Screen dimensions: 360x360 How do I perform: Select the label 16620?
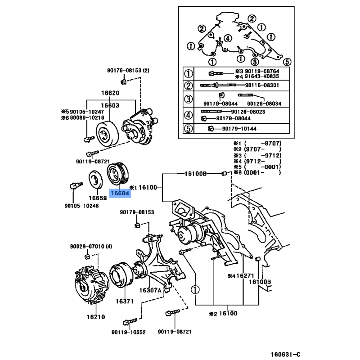point(110,94)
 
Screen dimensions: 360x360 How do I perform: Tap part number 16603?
point(110,106)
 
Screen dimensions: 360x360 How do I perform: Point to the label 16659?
point(97,198)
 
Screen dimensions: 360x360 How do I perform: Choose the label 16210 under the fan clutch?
point(96,317)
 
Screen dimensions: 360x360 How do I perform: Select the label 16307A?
point(150,290)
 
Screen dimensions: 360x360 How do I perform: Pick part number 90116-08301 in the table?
point(262,85)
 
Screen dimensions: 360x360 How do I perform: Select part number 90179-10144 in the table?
point(239,129)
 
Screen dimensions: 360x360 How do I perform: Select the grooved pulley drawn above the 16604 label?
point(118,173)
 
